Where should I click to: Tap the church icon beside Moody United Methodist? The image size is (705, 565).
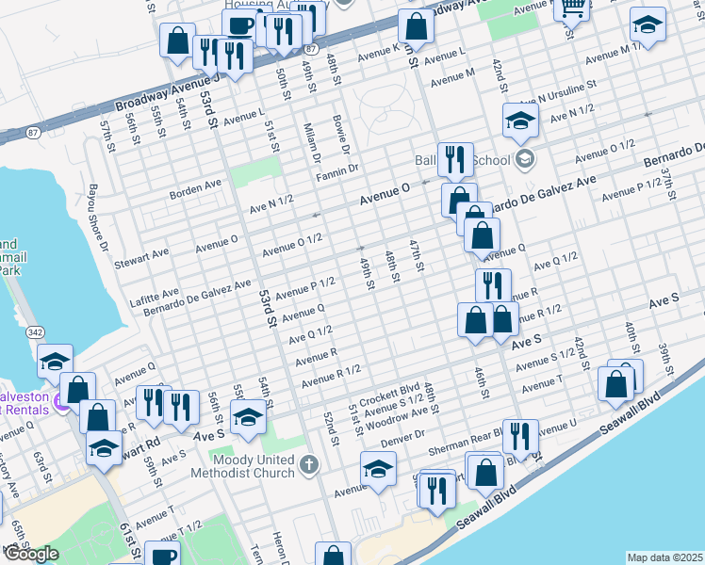click(310, 464)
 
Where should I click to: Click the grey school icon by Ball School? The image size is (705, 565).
click(525, 158)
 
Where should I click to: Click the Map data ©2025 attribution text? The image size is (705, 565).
click(664, 557)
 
